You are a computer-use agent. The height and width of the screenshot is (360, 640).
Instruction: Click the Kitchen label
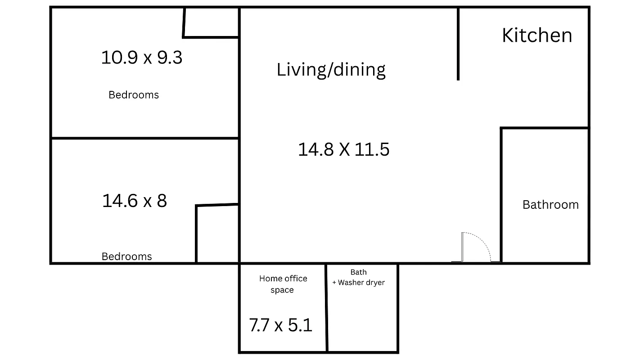pos(536,36)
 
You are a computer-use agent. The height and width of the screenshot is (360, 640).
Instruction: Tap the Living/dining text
pos(331,70)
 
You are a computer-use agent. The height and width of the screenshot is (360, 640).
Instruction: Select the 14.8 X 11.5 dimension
pos(343,149)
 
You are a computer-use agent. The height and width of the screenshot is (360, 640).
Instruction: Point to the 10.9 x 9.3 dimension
pos(141,58)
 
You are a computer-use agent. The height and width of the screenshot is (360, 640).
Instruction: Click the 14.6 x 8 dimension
pos(134,201)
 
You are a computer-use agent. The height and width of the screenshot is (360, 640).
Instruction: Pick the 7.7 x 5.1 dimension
pos(280,325)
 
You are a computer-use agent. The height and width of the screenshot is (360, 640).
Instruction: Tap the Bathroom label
pos(550,205)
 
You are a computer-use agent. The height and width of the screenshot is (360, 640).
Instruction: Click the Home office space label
pos(283,284)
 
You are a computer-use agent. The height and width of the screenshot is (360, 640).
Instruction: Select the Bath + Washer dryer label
pos(359,278)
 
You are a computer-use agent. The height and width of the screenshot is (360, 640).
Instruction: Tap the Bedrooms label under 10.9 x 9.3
pos(134,95)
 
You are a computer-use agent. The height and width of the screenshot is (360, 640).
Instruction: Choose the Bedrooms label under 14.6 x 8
pos(126,256)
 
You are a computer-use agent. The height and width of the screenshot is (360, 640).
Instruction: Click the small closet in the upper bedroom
pos(211,22)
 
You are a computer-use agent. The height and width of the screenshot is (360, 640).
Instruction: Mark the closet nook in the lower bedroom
pos(217,234)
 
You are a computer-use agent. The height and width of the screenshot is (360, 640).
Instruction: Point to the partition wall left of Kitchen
pos(458,44)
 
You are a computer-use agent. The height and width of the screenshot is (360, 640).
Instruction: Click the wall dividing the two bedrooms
pos(144,138)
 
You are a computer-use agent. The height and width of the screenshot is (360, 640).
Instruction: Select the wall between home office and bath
pos(326,308)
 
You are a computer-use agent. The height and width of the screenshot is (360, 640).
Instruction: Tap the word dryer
pos(374,283)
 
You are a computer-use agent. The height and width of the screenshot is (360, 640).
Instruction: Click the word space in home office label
pos(282,290)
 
